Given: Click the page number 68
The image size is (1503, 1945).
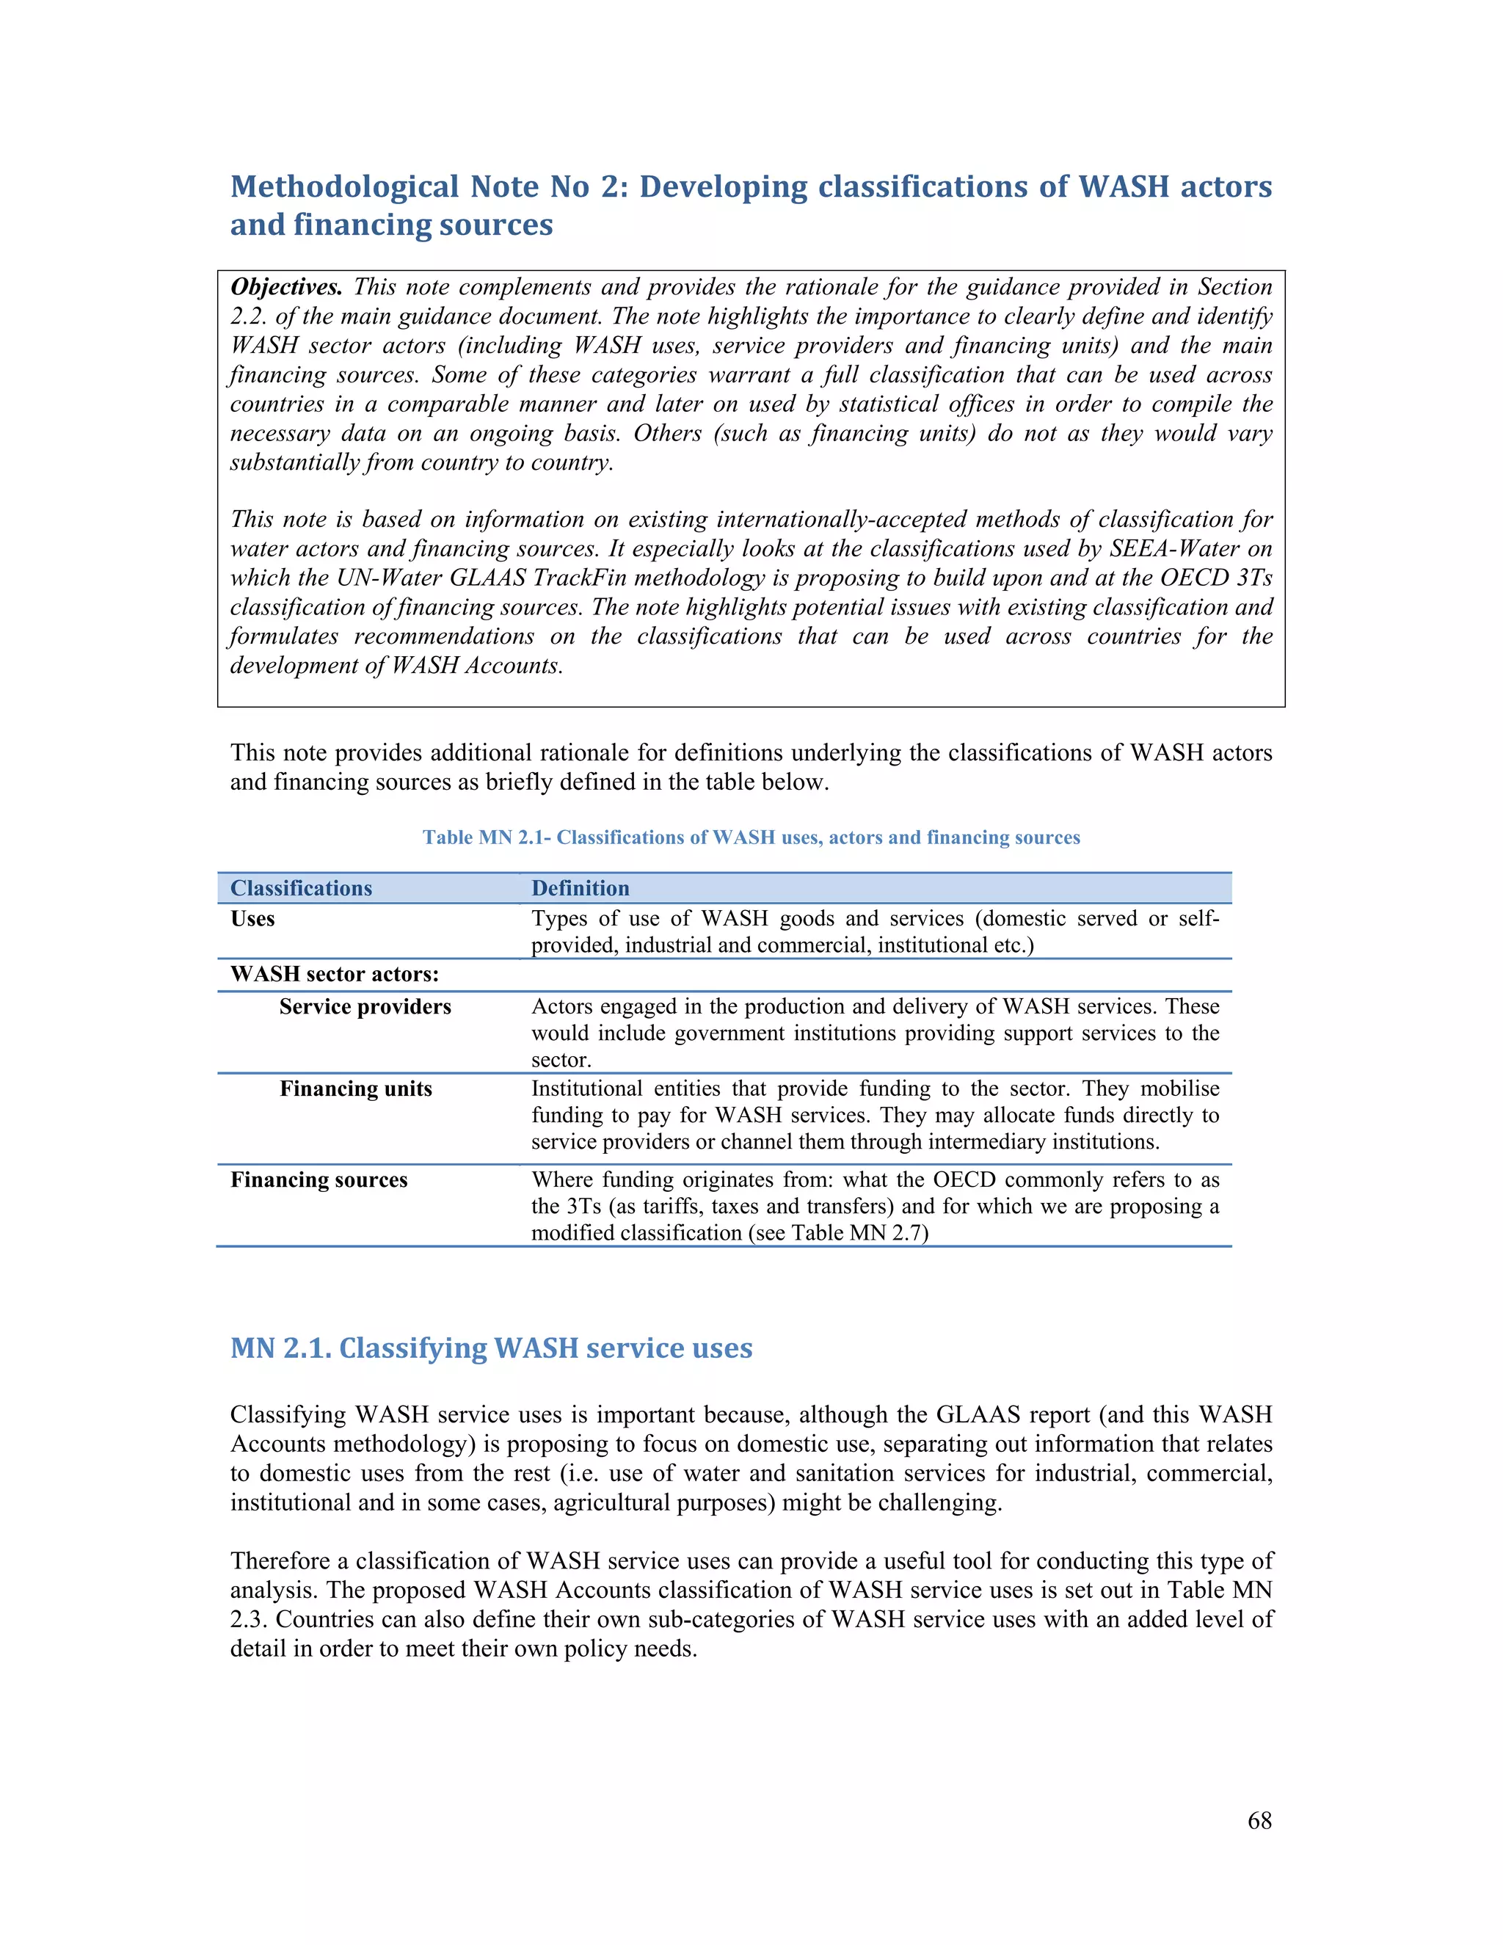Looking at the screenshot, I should pyautogui.click(x=1259, y=1820).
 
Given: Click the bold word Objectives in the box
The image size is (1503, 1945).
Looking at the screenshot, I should pyautogui.click(x=285, y=287).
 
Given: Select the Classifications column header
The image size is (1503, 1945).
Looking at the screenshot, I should pyautogui.click(x=301, y=888).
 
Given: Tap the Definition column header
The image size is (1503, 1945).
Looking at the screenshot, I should pyautogui.click(x=580, y=888).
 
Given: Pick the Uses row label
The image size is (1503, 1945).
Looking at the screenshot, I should pyautogui.click(x=253, y=918).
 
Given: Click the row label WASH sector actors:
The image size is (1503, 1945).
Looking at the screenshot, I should pyautogui.click(x=335, y=973).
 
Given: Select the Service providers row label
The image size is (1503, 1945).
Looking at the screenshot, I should pyautogui.click(x=365, y=1006).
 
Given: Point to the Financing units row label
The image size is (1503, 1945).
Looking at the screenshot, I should pyautogui.click(x=355, y=1088).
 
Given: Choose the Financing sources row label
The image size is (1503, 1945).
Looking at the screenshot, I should pyautogui.click(x=319, y=1179).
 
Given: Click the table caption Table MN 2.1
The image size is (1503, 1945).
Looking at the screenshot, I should pyautogui.click(x=751, y=837).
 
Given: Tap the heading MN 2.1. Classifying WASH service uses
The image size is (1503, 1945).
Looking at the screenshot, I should pyautogui.click(x=492, y=1348).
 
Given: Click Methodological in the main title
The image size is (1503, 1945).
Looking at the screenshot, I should pyautogui.click(x=345, y=186).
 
